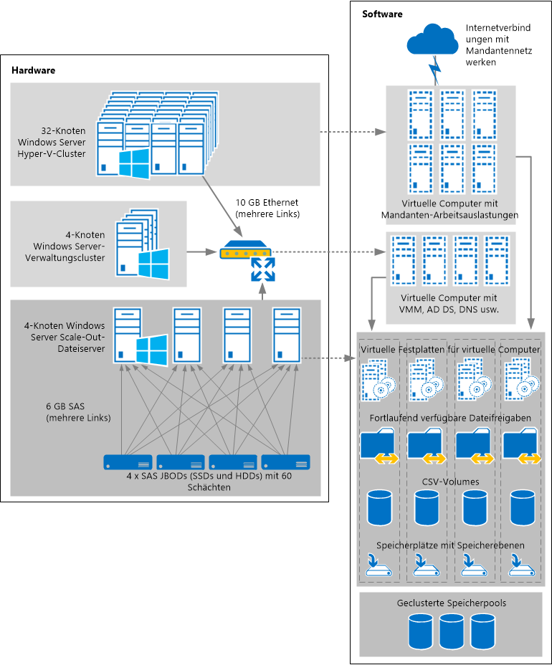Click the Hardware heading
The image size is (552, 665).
coord(34,70)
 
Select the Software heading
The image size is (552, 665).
coord(382,14)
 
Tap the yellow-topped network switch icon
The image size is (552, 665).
coord(246,252)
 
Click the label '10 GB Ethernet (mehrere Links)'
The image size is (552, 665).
coord(267,209)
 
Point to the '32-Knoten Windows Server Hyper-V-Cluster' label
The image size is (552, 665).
coord(52,143)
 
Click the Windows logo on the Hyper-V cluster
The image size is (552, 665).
coord(134,165)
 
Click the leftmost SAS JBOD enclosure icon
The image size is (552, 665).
coord(128,461)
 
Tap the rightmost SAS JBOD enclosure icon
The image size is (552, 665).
coord(285,461)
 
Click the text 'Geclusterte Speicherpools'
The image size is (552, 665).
coord(452,603)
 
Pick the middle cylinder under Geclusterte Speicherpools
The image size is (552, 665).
coord(452,630)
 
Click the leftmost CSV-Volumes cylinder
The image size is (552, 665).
coord(380,507)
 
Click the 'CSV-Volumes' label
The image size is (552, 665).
coord(452,482)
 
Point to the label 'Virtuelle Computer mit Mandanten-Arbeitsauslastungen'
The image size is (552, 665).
coord(450,208)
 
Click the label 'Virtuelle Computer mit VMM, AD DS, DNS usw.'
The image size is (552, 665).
coord(450,304)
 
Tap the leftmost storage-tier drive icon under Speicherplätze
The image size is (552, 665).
coord(379,565)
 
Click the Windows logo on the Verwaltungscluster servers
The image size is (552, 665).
coord(153,264)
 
